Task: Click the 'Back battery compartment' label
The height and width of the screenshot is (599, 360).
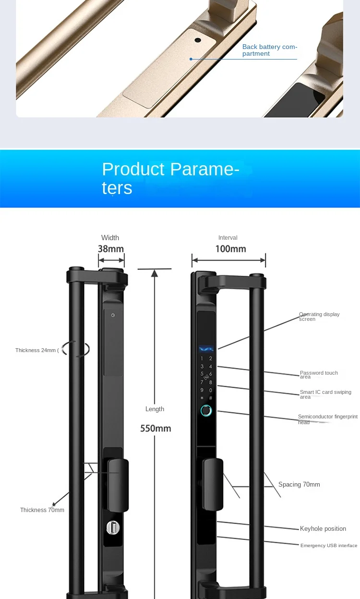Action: tap(269, 50)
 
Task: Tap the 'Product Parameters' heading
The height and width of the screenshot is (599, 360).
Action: tap(170, 178)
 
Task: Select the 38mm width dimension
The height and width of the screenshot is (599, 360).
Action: tap(111, 249)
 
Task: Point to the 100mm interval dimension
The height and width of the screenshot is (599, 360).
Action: tap(230, 249)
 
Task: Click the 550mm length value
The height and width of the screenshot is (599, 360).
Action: tap(156, 428)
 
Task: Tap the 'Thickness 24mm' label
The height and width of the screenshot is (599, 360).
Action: tap(36, 350)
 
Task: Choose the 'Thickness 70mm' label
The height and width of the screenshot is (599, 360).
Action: tap(42, 510)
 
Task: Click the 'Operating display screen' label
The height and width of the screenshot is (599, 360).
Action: tap(319, 317)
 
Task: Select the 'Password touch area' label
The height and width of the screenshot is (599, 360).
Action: tap(319, 375)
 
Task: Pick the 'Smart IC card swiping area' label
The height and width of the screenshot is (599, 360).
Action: tap(325, 394)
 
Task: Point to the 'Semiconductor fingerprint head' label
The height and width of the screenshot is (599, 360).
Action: tap(327, 419)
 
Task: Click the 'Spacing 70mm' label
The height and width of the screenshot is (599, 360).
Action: tap(299, 485)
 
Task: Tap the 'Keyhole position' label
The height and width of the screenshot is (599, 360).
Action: tap(323, 529)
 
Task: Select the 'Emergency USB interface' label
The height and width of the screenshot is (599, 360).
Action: tap(329, 546)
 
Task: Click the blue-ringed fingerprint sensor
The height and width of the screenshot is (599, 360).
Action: tap(206, 411)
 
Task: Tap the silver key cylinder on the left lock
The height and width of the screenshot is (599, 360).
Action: tap(113, 527)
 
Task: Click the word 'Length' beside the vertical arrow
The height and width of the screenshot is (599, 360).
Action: tap(155, 409)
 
